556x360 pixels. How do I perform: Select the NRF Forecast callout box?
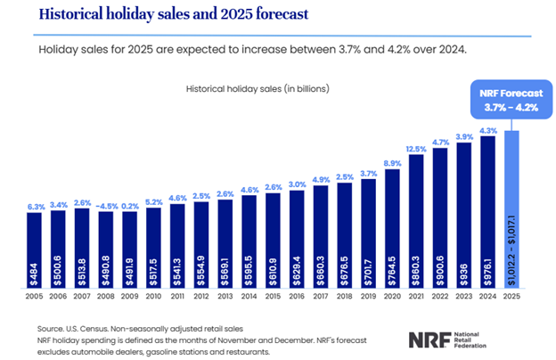510,100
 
